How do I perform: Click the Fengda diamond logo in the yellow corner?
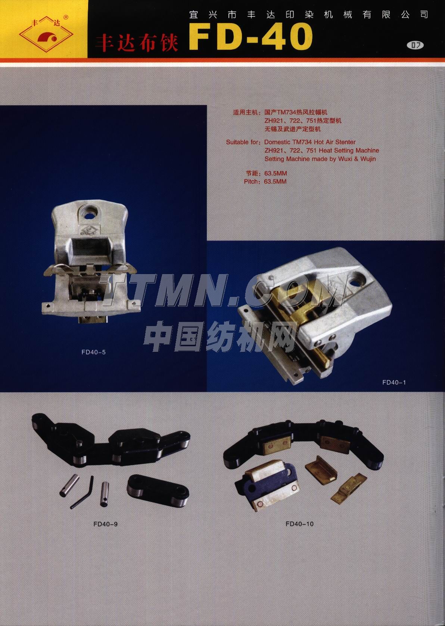[x=46, y=34]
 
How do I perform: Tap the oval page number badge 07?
[x=416, y=45]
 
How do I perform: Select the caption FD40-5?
[x=94, y=352]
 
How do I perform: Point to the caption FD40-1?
[x=394, y=382]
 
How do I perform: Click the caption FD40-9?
[x=106, y=524]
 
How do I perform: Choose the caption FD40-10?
[x=299, y=524]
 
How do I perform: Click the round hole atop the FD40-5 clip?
[x=90, y=211]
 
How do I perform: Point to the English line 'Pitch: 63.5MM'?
[x=265, y=182]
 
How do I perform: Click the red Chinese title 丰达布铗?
[x=137, y=43]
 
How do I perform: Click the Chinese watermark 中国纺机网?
[x=220, y=337]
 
